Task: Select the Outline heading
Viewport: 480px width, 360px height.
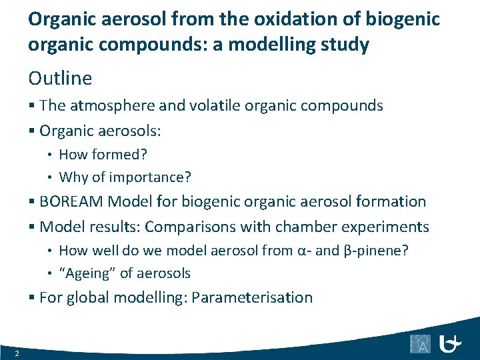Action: coord(60,79)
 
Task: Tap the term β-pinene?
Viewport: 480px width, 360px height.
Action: coord(384,251)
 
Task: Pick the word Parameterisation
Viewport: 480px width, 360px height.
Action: coord(251,297)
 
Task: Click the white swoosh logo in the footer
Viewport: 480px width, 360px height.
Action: coord(451,344)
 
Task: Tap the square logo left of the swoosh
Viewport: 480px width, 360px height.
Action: coord(420,344)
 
